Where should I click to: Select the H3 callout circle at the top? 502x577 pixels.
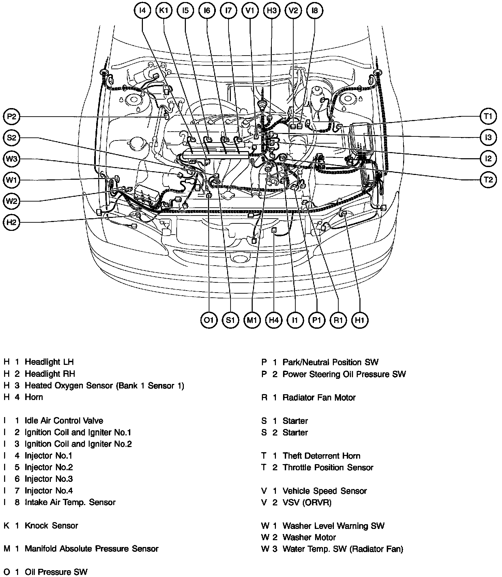[x=271, y=11]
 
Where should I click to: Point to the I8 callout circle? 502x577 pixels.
[x=314, y=11]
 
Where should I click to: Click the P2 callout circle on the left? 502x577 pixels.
[x=11, y=117]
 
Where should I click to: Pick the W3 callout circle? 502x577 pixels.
[x=11, y=159]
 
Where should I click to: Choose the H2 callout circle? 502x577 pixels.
[x=11, y=223]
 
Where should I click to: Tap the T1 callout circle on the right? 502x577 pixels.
[x=488, y=117]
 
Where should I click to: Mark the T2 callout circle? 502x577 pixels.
[x=488, y=179]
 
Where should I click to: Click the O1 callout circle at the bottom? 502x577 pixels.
[x=209, y=320]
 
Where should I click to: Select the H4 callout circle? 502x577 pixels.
[x=274, y=320]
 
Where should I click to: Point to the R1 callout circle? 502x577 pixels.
[x=338, y=320]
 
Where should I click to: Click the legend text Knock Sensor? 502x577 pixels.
[x=51, y=526]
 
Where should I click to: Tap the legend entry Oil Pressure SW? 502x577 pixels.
[x=56, y=572]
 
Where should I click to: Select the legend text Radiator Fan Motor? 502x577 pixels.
[x=319, y=398]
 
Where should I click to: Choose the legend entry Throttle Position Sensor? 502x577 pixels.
[x=328, y=468]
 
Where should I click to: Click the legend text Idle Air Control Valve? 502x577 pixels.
[x=64, y=420]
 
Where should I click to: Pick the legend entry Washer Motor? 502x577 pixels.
[x=309, y=537]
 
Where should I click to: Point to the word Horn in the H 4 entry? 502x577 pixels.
[x=34, y=397]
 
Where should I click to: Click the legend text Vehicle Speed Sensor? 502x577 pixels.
[x=324, y=491]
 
